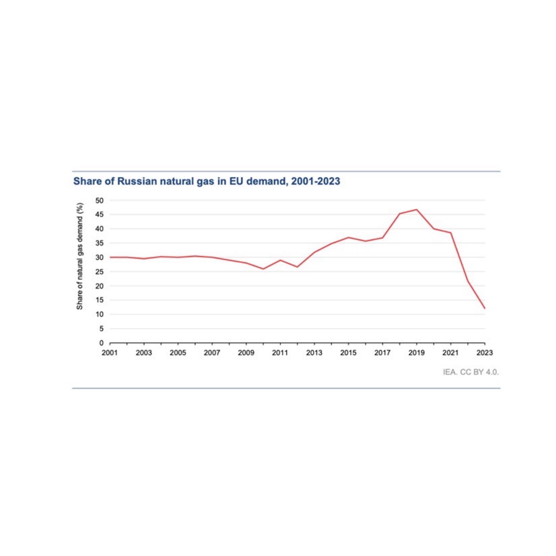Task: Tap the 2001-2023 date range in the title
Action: tap(315, 181)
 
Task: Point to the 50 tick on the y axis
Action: tap(100, 200)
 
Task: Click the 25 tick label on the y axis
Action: tap(100, 272)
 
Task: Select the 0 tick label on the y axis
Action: tap(101, 343)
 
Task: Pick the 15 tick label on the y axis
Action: tap(100, 300)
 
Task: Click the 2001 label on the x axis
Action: tap(110, 353)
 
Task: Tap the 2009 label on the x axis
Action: tap(246, 353)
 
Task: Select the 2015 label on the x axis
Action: tap(348, 353)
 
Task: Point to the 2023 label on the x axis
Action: tap(485, 353)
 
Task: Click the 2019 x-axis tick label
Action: tap(416, 353)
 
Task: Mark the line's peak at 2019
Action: tap(416, 210)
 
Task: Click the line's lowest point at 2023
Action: tap(485, 308)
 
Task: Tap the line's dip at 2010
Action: tap(263, 269)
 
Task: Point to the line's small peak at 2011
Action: tap(280, 260)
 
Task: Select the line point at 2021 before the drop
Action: tap(451, 233)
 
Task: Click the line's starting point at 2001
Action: tap(110, 257)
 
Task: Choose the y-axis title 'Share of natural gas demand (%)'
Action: tap(80, 256)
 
